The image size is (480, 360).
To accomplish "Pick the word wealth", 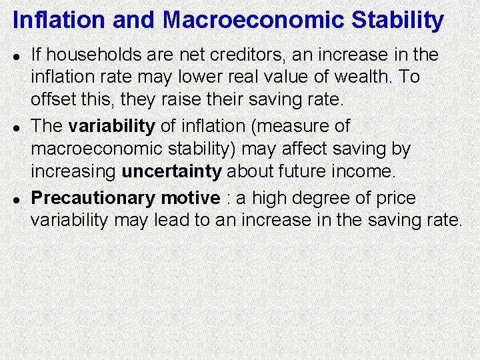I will point(362,77).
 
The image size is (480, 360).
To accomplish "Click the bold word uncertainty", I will point(171,171).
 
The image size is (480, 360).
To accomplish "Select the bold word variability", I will point(111,125).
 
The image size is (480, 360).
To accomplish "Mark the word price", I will point(397,198).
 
